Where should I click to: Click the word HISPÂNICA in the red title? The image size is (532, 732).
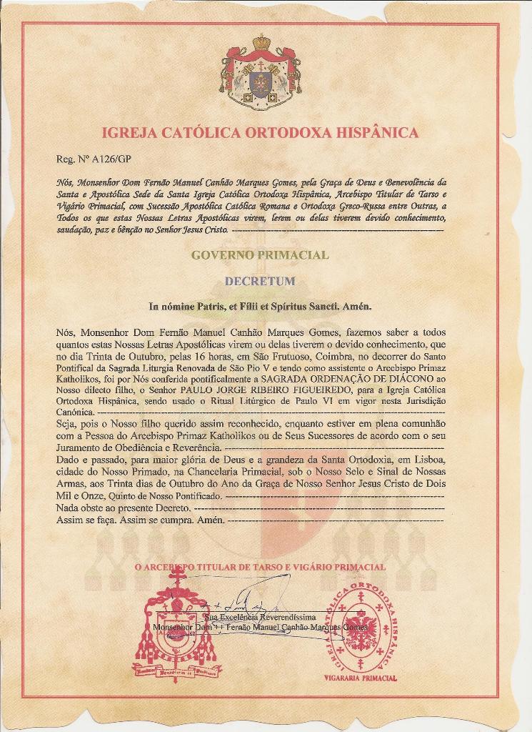[372, 133]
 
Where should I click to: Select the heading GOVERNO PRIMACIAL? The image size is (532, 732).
[260, 254]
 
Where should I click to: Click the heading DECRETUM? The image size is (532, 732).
[260, 281]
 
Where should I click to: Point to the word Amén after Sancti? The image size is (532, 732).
[358, 307]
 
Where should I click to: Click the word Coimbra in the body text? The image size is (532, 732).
[313, 356]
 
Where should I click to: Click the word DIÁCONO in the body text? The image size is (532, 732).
[411, 379]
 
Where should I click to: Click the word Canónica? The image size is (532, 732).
[74, 413]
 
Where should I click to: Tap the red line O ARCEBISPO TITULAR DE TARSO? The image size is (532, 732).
[260, 567]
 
